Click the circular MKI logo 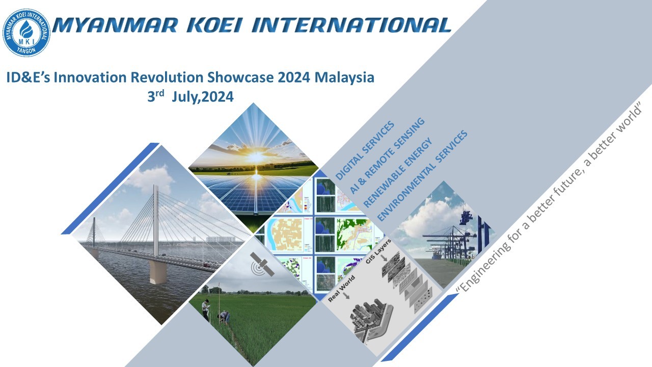tap(26, 32)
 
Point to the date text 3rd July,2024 tap(191, 96)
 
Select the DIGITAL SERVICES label tap(365, 150)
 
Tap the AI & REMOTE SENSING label tap(387, 155)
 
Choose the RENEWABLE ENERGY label tap(398, 172)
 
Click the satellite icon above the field tap(262, 264)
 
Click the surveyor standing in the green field tap(206, 309)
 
